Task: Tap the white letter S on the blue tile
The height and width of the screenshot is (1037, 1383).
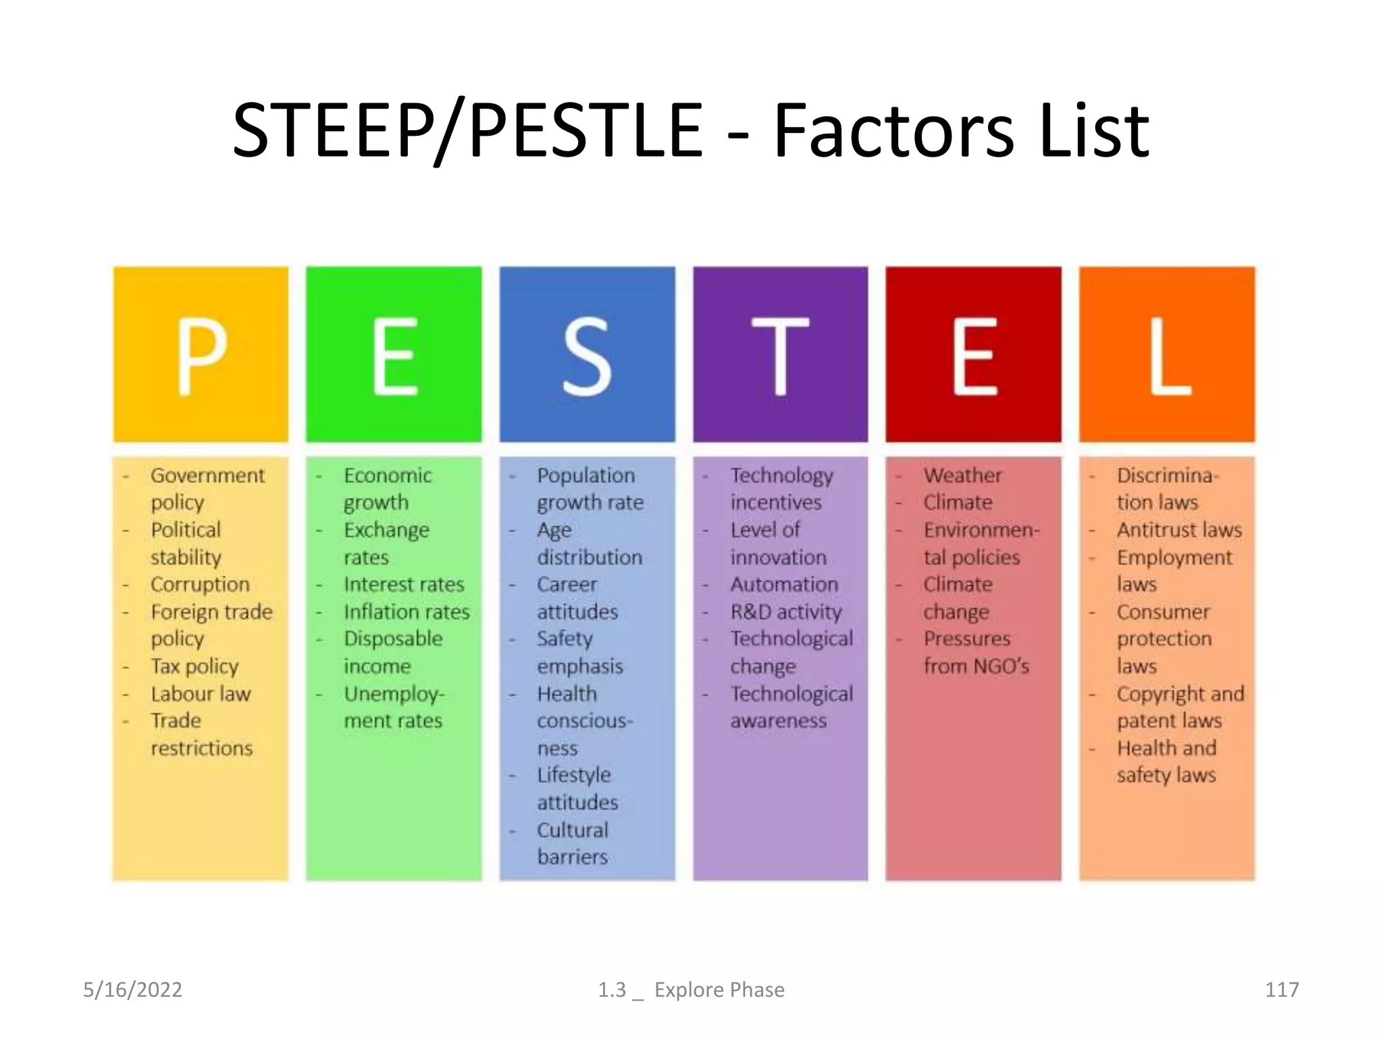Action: (x=587, y=356)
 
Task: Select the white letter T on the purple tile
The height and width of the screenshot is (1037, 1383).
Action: (x=780, y=356)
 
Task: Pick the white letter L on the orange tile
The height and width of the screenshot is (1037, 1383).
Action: (x=1169, y=356)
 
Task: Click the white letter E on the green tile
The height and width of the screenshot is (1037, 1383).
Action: (x=394, y=356)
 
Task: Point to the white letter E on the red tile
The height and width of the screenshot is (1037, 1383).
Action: (x=974, y=356)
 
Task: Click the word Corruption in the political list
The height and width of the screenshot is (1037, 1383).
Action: (x=200, y=584)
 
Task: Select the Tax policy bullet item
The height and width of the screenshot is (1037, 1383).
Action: (x=194, y=666)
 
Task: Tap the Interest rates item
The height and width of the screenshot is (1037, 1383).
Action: (x=404, y=584)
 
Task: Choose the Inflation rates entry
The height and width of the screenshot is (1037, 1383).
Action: (x=407, y=612)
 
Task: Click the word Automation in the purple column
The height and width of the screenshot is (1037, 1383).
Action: (x=784, y=584)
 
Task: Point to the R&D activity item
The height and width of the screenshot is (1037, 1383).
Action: (x=786, y=612)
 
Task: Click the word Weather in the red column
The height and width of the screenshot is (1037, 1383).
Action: (x=963, y=475)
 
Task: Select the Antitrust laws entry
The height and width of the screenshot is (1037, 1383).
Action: (x=1179, y=530)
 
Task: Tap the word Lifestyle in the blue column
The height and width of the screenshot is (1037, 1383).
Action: (x=574, y=775)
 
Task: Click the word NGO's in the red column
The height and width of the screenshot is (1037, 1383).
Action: (x=1001, y=666)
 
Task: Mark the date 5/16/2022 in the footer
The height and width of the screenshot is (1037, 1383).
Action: (x=132, y=990)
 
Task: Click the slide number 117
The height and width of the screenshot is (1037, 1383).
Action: (x=1281, y=990)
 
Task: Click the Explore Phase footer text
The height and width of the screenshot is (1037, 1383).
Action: (x=719, y=990)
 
